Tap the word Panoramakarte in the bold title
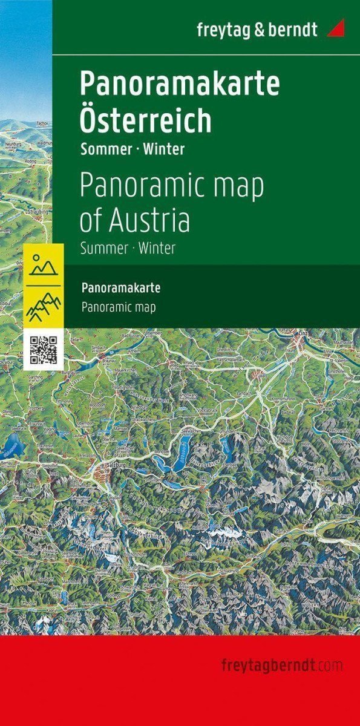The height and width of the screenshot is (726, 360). click(180, 85)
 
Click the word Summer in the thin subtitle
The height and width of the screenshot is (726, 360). click(102, 248)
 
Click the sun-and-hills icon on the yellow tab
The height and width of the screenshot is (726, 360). click(43, 264)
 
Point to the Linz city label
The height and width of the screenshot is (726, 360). click(303, 333)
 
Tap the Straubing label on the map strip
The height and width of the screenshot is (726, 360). click(38, 213)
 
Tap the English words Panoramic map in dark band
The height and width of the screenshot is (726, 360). click(118, 307)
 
